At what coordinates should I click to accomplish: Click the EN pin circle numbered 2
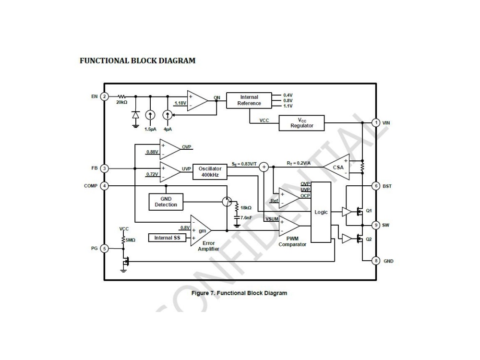click(x=104, y=96)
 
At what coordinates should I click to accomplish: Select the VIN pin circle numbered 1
click(x=376, y=122)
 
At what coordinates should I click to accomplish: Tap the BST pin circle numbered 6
click(x=376, y=186)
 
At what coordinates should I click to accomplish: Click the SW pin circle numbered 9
click(x=376, y=225)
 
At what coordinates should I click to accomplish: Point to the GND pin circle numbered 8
click(x=376, y=261)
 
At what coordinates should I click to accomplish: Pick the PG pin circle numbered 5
click(x=104, y=248)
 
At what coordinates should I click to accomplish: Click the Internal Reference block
click(x=249, y=100)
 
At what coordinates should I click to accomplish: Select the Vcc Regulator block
click(x=301, y=123)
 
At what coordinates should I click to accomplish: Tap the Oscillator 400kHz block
click(x=210, y=172)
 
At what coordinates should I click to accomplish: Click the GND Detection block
click(x=166, y=202)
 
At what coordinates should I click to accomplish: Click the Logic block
click(x=321, y=212)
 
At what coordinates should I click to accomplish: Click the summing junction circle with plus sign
click(x=264, y=167)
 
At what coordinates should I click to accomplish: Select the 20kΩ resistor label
click(x=121, y=103)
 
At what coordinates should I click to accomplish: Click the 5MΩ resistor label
click(x=131, y=240)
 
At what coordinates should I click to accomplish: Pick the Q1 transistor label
click(x=369, y=211)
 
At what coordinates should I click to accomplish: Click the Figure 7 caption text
click(x=239, y=293)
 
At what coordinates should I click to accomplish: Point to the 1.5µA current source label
click(x=150, y=129)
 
